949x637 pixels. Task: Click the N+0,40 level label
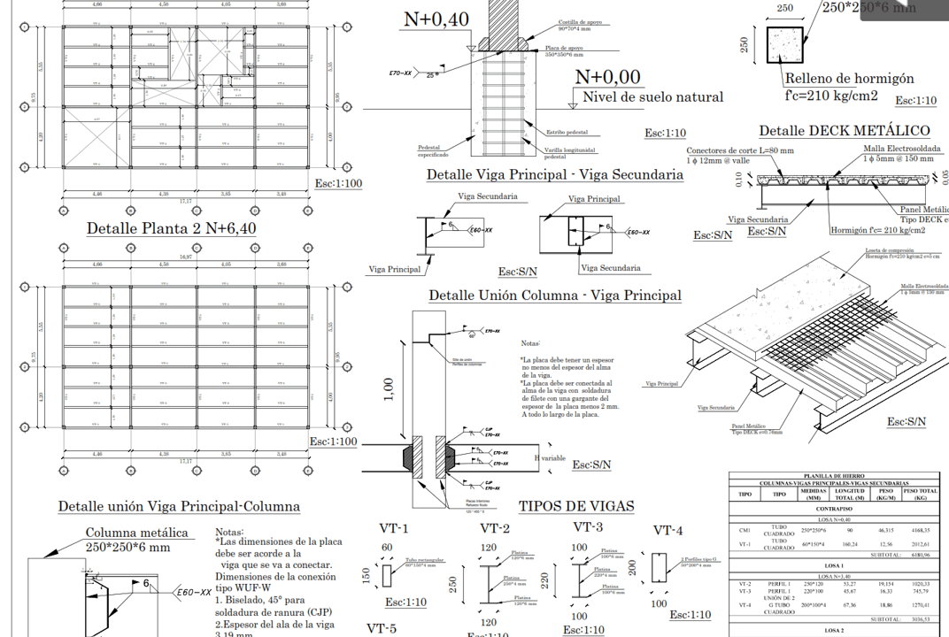click(x=436, y=19)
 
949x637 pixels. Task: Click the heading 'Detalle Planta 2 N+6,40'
click(x=172, y=228)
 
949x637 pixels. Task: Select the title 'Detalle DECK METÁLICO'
click(x=844, y=131)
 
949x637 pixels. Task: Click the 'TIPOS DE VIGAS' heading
click(x=576, y=506)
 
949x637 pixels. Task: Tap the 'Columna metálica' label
click(x=136, y=533)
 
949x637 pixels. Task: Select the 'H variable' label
click(x=549, y=459)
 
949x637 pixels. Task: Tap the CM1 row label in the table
click(x=745, y=530)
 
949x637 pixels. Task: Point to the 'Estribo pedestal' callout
click(x=567, y=133)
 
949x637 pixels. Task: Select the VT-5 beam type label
click(x=382, y=628)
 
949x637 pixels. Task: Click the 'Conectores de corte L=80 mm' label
click(x=739, y=150)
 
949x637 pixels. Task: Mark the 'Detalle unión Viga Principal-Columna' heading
click(x=179, y=507)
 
